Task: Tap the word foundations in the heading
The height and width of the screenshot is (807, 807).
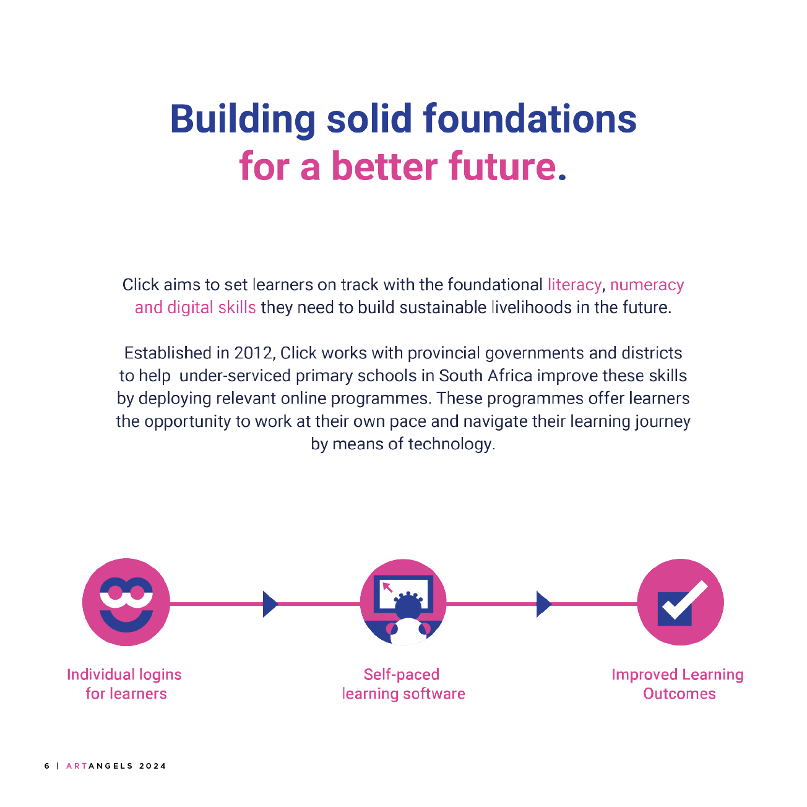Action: (x=530, y=119)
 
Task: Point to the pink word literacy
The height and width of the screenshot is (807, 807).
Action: (x=574, y=285)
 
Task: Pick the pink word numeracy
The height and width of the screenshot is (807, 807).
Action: (x=647, y=285)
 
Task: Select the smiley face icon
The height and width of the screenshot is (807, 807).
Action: (x=126, y=603)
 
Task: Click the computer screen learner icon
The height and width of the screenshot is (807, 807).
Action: (x=403, y=603)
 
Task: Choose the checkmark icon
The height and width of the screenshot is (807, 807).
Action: (x=681, y=603)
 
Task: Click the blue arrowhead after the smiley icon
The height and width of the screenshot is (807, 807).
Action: (x=270, y=604)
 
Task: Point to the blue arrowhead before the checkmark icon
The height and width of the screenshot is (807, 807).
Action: (x=543, y=604)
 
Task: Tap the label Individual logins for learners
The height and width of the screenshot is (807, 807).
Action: (x=125, y=684)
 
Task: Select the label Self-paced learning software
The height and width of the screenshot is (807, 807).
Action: (x=403, y=684)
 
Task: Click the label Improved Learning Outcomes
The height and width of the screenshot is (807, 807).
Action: (x=678, y=684)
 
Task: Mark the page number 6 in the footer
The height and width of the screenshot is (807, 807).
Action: (x=47, y=766)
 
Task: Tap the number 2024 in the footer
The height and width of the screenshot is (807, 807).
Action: (x=153, y=766)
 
